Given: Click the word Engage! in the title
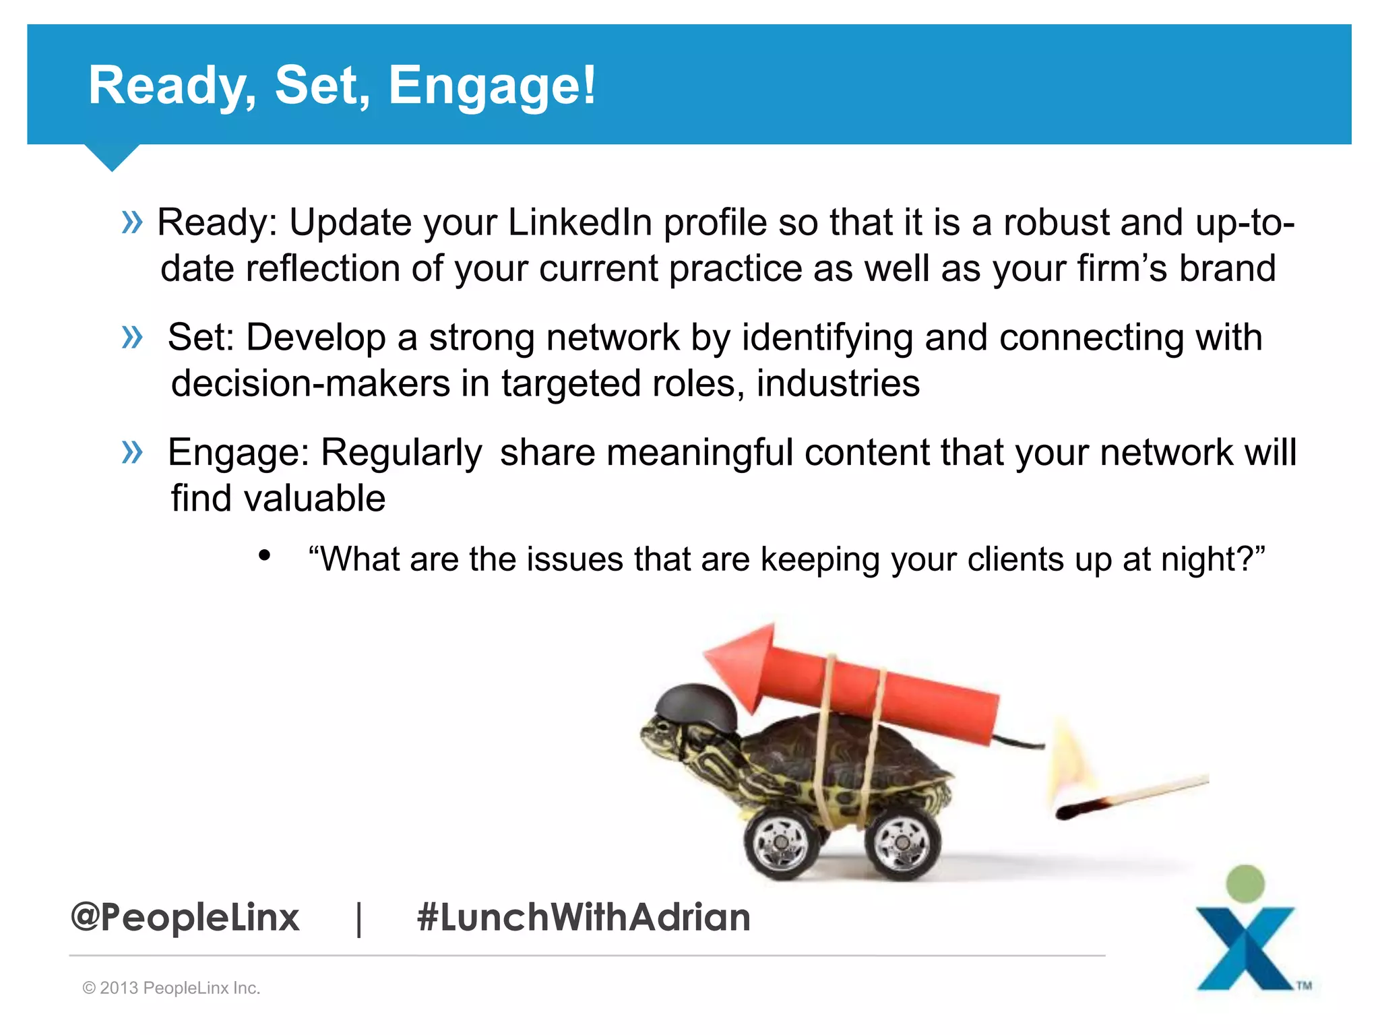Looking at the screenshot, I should (x=492, y=86).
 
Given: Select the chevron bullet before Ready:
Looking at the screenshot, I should (x=132, y=222).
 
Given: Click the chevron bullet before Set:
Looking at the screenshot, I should (x=132, y=337).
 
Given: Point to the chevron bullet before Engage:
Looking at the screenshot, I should (x=132, y=451).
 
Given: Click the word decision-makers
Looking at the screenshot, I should (x=311, y=383).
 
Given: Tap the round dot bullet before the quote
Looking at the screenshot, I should (x=264, y=556).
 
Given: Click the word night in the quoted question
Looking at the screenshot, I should (x=1201, y=559).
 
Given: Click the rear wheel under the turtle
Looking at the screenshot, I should (x=902, y=843).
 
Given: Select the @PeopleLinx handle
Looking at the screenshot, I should (x=185, y=917).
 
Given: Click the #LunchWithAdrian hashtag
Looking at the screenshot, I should (x=584, y=917).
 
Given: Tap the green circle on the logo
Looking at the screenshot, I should (x=1245, y=883).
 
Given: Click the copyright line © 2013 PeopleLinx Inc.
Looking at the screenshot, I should (x=171, y=988).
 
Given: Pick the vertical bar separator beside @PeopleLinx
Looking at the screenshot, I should (x=359, y=918).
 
